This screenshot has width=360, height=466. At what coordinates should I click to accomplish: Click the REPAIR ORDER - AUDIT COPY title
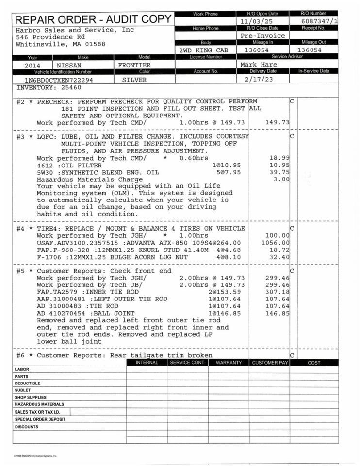(x=94, y=20)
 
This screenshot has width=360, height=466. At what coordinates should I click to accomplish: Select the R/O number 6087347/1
(x=320, y=21)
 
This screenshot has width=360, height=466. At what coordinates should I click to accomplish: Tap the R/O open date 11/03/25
(x=257, y=21)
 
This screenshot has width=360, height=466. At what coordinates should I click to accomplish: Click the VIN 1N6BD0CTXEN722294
(x=59, y=80)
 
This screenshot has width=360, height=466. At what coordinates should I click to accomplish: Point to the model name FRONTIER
(x=134, y=65)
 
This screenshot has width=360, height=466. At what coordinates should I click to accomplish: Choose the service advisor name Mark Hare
(x=259, y=64)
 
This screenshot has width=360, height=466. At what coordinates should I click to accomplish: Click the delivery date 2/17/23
(x=259, y=79)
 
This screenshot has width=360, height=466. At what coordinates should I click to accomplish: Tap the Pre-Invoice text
(x=262, y=35)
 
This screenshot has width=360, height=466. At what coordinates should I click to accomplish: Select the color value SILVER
(x=134, y=80)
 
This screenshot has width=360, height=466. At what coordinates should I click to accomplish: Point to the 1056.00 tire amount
(x=275, y=243)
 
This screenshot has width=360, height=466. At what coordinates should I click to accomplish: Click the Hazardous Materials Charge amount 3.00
(x=282, y=179)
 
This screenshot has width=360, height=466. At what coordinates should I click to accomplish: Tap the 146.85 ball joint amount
(x=278, y=313)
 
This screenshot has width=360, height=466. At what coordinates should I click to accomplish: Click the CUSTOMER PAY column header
(x=270, y=363)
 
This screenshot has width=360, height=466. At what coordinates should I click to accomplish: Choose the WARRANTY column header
(x=229, y=363)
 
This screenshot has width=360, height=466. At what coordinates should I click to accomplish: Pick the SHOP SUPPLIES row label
(x=30, y=397)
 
